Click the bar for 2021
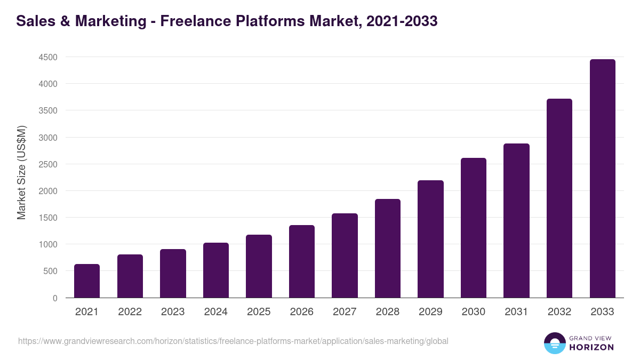[87, 281]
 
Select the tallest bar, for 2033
[602, 179]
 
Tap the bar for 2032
[559, 198]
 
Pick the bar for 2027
[345, 255]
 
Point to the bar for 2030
[474, 228]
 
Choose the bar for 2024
[216, 270]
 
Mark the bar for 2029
[430, 239]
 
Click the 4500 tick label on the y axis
[48, 57]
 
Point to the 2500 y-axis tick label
[48, 164]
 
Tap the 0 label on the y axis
[55, 298]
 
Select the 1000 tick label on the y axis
[48, 244]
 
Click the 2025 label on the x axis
[259, 312]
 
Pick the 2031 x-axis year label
[516, 312]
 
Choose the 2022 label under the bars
[130, 312]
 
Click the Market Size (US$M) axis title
[21, 172]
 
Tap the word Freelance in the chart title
[195, 21]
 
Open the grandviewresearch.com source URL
[233, 341]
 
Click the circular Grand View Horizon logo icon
[554, 343]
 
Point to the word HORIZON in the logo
[591, 347]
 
